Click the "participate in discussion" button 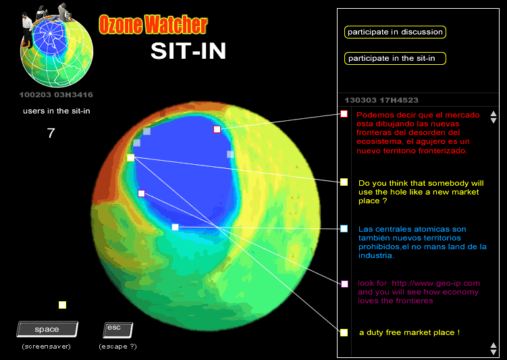(x=395, y=32)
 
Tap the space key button (x=47, y=330)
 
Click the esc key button (x=117, y=330)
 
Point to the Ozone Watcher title (x=153, y=24)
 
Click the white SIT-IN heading (x=188, y=51)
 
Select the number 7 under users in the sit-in (x=51, y=133)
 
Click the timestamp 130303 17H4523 (x=381, y=100)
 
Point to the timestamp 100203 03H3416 (x=56, y=95)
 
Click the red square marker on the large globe (x=217, y=130)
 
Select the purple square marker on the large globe (x=141, y=193)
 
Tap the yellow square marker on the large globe (x=130, y=157)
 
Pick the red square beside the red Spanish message (x=344, y=114)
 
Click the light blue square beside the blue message (x=344, y=229)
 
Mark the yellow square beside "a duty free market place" (x=344, y=332)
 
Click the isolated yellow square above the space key (x=62, y=305)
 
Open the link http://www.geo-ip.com (x=436, y=284)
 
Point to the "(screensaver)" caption (x=46, y=346)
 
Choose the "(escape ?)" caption (x=117, y=346)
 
